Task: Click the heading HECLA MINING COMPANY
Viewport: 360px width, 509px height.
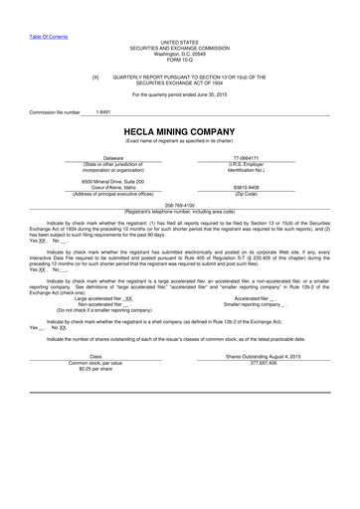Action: [x=179, y=131]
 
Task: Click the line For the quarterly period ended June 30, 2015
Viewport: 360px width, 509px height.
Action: [x=179, y=94]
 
